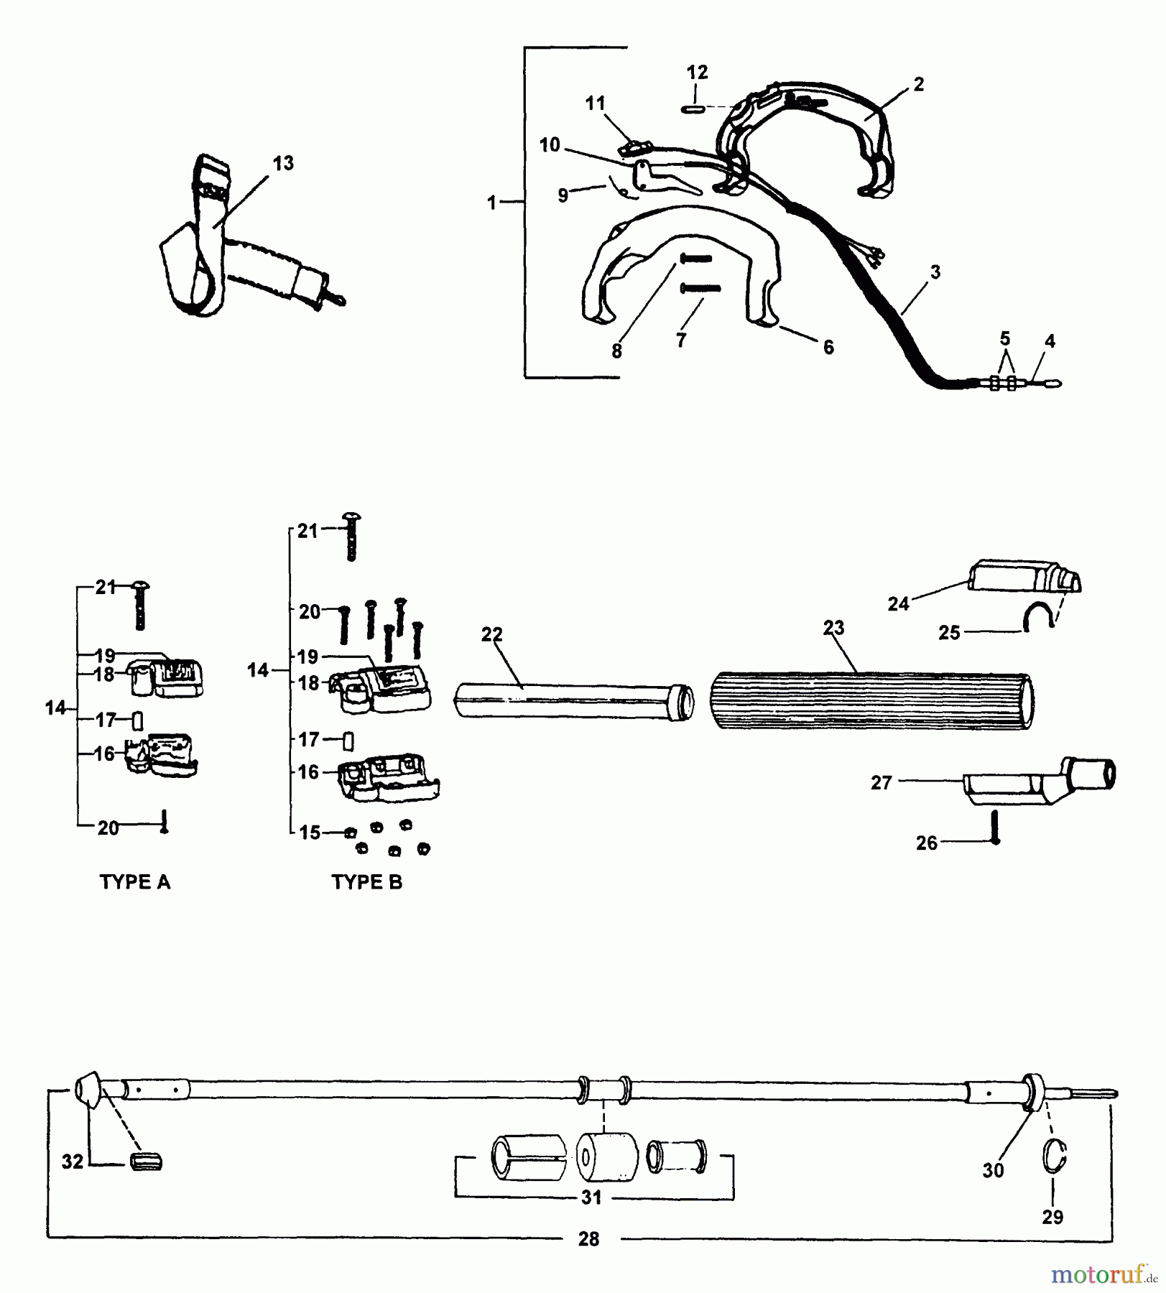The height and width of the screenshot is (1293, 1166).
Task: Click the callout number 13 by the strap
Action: pos(283,164)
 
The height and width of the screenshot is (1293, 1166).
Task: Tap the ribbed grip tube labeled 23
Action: pos(872,700)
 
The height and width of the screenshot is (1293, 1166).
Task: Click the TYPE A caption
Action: pos(135,882)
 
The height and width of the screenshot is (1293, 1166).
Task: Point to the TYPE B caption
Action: pos(366,882)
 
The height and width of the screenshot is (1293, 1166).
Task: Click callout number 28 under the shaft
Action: pos(588,1238)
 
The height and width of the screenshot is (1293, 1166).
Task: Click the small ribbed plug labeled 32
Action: pos(146,1162)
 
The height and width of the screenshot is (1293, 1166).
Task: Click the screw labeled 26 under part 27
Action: pos(995,828)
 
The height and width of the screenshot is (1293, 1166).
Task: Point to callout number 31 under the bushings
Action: pos(591,1197)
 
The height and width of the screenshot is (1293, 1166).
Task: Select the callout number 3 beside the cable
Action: pos(935,272)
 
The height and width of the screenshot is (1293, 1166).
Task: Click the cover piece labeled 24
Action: pos(1020,578)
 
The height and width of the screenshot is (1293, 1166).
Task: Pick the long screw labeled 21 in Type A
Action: pos(139,605)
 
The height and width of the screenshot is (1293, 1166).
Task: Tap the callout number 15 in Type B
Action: pos(309,833)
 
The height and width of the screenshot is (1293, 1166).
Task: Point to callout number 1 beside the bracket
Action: pos(491,203)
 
